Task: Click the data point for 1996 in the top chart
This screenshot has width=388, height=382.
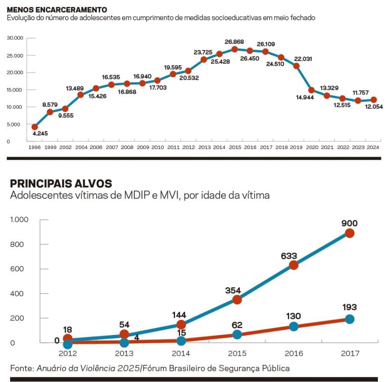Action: click(x=34, y=127)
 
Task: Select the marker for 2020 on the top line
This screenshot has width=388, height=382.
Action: click(x=311, y=90)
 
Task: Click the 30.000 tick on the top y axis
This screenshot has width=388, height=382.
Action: click(x=15, y=38)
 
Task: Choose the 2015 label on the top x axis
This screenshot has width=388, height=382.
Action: click(x=234, y=147)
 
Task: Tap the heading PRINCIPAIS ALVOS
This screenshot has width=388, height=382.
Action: click(x=61, y=183)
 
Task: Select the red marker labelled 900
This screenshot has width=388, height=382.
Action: click(x=350, y=233)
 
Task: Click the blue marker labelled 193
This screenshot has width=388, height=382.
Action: click(x=350, y=319)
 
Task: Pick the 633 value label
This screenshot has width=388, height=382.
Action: click(x=294, y=256)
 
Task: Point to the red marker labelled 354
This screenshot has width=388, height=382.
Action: click(x=237, y=300)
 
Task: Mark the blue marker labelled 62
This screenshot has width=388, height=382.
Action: click(x=237, y=334)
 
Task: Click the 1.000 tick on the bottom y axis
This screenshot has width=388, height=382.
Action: click(x=20, y=220)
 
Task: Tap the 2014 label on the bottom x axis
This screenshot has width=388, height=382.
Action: click(x=180, y=353)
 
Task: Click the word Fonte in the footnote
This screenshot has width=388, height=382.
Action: click(x=22, y=368)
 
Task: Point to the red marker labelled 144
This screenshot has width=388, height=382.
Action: click(x=180, y=325)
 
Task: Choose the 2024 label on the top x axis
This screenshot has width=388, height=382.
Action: click(x=373, y=147)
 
